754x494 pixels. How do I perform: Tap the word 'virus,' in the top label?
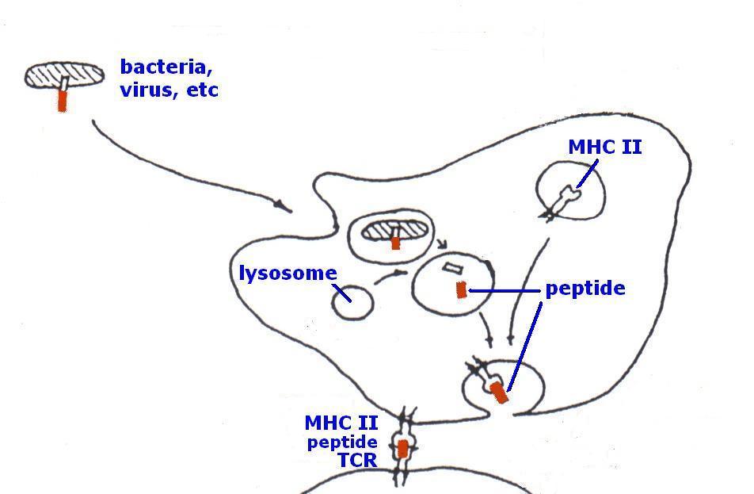pyautogui.click(x=147, y=90)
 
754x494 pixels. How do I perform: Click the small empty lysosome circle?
pyautogui.click(x=352, y=303)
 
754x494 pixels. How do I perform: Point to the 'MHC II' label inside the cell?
pyautogui.click(x=605, y=147)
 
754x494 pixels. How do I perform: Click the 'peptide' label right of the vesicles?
pyautogui.click(x=585, y=289)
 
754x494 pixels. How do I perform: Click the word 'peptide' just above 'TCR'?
pyautogui.click(x=342, y=442)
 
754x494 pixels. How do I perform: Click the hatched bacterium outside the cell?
pyautogui.click(x=64, y=75)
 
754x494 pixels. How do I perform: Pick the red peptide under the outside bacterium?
pyautogui.click(x=63, y=101)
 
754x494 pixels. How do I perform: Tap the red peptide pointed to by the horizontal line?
pyautogui.click(x=462, y=290)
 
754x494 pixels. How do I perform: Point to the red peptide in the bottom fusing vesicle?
pyautogui.click(x=498, y=392)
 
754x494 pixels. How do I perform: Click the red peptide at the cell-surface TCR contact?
pyautogui.click(x=403, y=449)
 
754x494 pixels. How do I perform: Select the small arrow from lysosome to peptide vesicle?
pyautogui.click(x=390, y=276)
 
